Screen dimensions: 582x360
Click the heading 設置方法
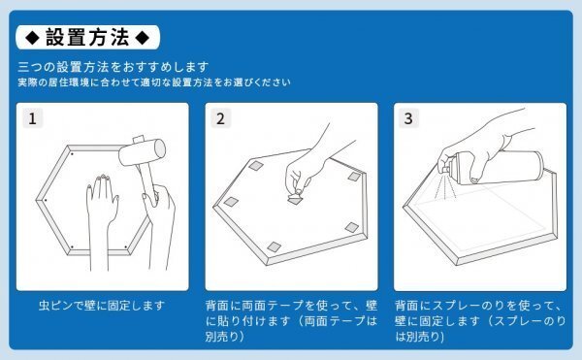[x=87, y=38]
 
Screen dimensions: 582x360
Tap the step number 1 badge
[x=33, y=118]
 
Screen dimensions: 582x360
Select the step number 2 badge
[x=221, y=118]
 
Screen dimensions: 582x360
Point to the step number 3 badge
[x=408, y=118]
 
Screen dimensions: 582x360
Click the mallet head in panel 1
[x=143, y=151]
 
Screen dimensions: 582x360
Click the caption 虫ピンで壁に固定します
[x=102, y=306]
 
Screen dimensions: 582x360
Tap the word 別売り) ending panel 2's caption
[x=225, y=337]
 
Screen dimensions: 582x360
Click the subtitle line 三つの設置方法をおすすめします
[x=113, y=67]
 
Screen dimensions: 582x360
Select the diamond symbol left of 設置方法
[x=32, y=38]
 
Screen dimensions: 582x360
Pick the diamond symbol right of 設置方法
[x=143, y=38]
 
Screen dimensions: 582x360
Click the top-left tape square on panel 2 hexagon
[x=256, y=166]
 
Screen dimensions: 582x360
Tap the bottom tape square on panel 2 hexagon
[x=275, y=246]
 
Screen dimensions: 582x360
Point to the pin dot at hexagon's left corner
[x=46, y=200]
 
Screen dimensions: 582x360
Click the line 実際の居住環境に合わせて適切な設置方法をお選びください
[x=154, y=82]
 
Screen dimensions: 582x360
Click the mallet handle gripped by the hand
[x=145, y=181]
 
